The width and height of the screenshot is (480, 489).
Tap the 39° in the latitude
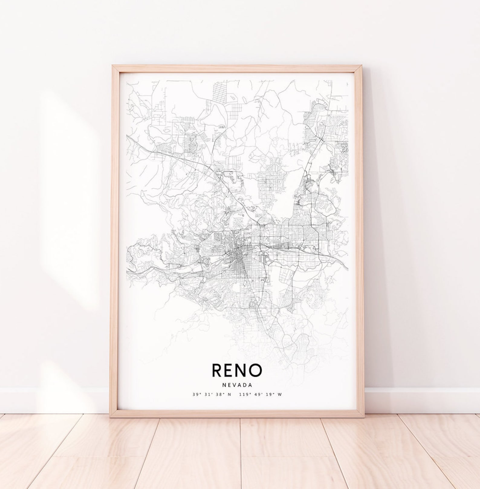click(196, 394)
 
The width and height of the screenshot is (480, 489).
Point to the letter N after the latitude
click(229, 394)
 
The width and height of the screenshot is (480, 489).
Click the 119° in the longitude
click(244, 394)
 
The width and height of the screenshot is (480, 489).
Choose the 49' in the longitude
click(257, 394)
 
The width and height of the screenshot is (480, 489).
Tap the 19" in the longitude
click(269, 394)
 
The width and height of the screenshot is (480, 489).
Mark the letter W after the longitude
click(280, 394)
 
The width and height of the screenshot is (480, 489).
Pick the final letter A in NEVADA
click(250, 385)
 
